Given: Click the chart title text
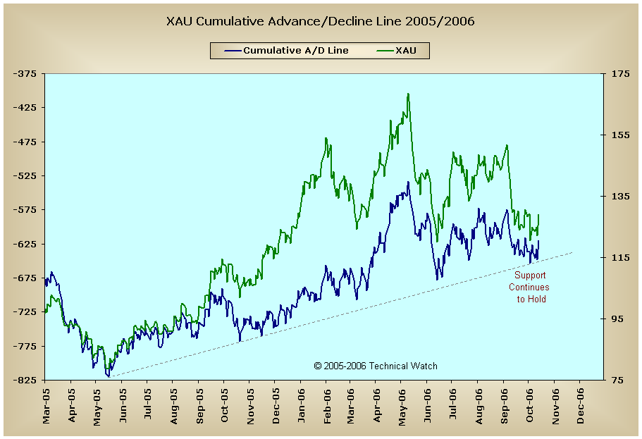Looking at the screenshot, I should pyautogui.click(x=321, y=21).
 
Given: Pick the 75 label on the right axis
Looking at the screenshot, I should pyautogui.click(x=615, y=380).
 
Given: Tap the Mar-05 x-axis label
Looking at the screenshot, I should pyautogui.click(x=46, y=407).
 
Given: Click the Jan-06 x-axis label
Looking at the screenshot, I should pyautogui.click(x=301, y=407).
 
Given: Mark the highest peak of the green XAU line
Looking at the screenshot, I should pyautogui.click(x=408, y=93).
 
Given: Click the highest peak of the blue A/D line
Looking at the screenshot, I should pyautogui.click(x=408, y=182).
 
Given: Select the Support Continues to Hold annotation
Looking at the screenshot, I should pyautogui.click(x=530, y=287).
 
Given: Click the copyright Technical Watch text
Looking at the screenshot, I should pyautogui.click(x=376, y=366).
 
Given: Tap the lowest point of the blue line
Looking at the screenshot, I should pyautogui.click(x=109, y=376).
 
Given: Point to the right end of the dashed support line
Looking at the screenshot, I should pyautogui.click(x=572, y=252).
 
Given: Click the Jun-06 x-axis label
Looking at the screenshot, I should pyautogui.click(x=428, y=407).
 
